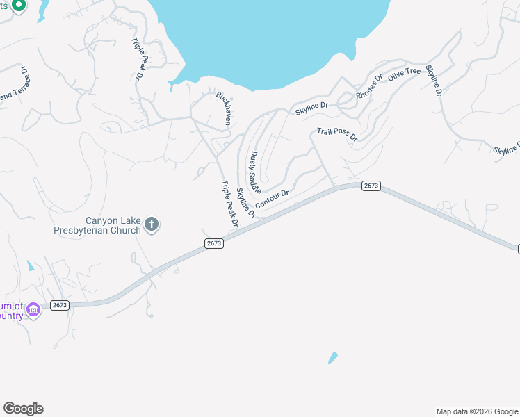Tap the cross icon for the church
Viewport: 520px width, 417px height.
[152, 224]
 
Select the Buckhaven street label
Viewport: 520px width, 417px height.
[222, 108]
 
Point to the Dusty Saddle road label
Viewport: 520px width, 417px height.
[254, 172]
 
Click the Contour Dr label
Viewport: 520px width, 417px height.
[272, 199]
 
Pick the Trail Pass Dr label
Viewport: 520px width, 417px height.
[336, 133]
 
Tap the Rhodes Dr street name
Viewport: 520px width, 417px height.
[369, 86]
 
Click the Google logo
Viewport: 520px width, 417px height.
[23, 409]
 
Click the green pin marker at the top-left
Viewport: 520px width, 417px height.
[19, 6]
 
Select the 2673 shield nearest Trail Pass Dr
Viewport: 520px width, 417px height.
[371, 186]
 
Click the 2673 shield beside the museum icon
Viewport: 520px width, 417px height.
[60, 305]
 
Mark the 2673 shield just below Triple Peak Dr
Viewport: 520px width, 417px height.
[213, 243]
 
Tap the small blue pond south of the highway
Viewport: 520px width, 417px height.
[332, 358]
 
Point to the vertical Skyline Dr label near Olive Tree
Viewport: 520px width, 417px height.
[434, 81]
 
